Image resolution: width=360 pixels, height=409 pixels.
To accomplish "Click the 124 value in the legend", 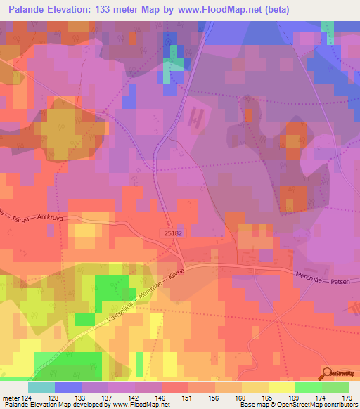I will tap(27, 397).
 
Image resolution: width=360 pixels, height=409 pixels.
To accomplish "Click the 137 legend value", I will tap(108, 397).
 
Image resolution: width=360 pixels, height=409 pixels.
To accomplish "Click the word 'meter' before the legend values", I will tap(11, 397).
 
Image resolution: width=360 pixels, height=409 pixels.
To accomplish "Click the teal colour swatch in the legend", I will tap(41, 387).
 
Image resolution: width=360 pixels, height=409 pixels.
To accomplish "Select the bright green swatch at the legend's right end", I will tap(335, 387).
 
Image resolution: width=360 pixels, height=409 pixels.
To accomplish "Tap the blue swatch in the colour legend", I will tap(67, 387).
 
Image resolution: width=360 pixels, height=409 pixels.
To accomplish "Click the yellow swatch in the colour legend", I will tap(281, 387).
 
